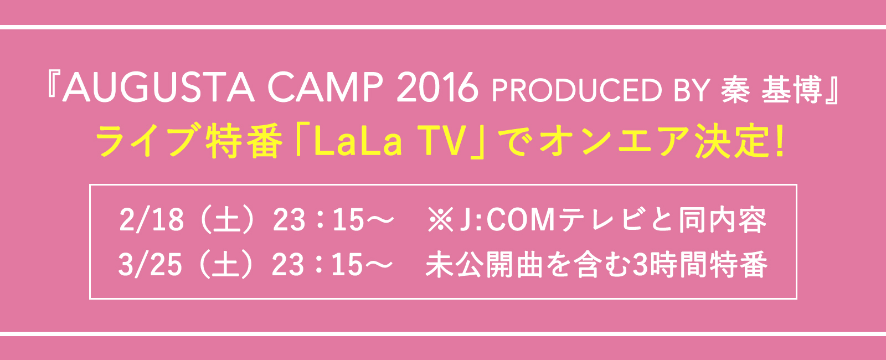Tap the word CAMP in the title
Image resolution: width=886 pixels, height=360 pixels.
(325, 88)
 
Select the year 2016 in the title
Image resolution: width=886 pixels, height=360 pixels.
(437, 88)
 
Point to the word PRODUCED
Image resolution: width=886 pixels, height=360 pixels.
(576, 90)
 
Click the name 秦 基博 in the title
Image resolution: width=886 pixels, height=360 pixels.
(775, 89)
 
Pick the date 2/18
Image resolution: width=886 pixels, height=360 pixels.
(151, 220)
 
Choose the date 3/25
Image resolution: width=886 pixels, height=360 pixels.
(150, 265)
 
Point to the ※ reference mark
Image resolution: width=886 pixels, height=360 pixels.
(440, 220)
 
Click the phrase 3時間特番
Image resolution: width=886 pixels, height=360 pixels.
(700, 265)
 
